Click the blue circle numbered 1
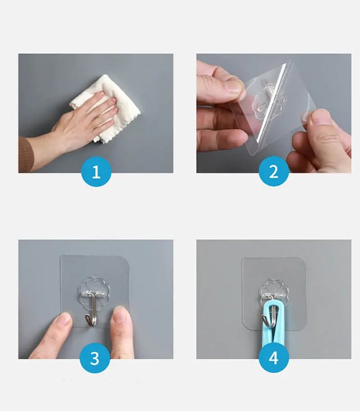click(96, 172)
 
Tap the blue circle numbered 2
click(274, 171)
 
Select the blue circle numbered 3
click(95, 358)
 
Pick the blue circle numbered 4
click(274, 358)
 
